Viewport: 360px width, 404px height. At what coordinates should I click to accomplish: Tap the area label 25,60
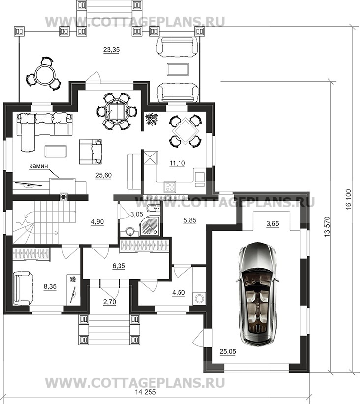click(x=103, y=176)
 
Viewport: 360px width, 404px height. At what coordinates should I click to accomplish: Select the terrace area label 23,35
click(x=111, y=50)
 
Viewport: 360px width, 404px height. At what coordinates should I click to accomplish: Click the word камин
click(x=39, y=166)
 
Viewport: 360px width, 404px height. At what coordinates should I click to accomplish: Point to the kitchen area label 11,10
click(x=177, y=163)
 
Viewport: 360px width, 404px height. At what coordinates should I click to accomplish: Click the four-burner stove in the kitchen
click(x=170, y=186)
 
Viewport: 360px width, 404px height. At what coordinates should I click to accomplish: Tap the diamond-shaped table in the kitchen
click(x=185, y=130)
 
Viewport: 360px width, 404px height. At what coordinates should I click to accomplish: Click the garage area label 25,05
click(x=228, y=351)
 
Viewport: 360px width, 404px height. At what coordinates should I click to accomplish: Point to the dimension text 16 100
click(x=348, y=200)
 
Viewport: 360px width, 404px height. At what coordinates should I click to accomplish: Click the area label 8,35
click(x=50, y=287)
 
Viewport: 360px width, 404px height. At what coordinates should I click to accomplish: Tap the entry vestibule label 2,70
click(x=110, y=302)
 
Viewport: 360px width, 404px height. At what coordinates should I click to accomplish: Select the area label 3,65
click(x=272, y=223)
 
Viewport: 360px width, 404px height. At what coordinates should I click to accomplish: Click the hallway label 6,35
click(x=119, y=266)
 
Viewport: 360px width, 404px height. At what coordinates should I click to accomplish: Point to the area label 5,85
click(x=189, y=221)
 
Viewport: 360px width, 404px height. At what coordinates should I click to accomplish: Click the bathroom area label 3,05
click(x=136, y=215)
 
